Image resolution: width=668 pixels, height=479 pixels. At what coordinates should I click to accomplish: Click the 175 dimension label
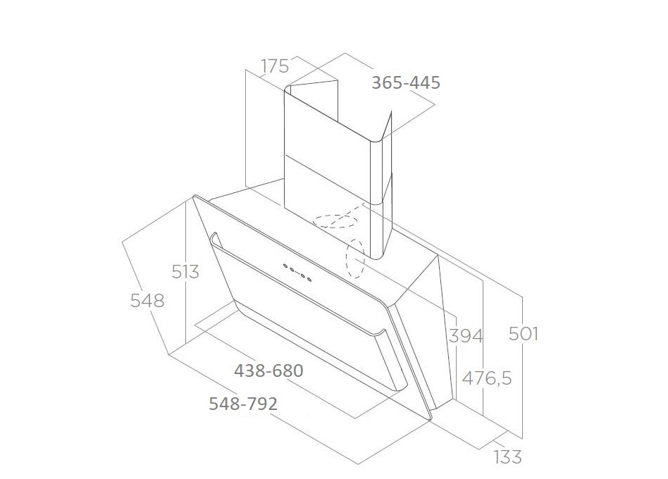275,66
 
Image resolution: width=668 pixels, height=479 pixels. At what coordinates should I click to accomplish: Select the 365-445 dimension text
406,82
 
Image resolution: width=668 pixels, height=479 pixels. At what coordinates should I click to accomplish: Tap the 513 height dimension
185,271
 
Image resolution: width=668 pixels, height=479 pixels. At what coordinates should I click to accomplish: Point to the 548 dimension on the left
147,300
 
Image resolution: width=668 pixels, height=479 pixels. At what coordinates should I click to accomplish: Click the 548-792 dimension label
243,404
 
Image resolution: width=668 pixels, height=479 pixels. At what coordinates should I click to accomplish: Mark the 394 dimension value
466,335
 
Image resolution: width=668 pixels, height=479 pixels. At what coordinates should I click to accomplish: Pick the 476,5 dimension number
487,378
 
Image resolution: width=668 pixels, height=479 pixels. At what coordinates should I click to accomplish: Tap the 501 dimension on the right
524,333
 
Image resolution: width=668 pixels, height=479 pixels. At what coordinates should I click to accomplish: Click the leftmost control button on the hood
287,267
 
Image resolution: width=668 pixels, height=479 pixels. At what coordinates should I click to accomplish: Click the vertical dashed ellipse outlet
354,259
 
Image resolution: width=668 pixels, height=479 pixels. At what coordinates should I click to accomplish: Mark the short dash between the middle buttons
298,273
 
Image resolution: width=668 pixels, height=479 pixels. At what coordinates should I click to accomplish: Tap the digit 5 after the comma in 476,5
505,378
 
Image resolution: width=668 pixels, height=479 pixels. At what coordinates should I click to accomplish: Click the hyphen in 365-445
406,83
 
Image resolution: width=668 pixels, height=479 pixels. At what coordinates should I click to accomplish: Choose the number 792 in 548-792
262,404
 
